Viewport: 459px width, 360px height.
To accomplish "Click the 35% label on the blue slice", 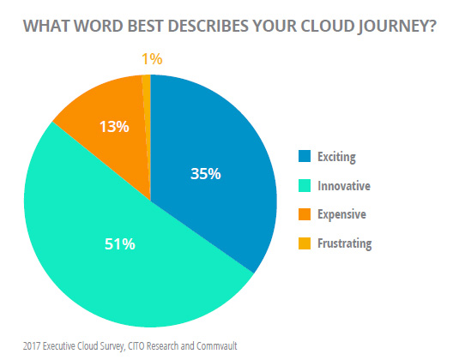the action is tap(206, 174).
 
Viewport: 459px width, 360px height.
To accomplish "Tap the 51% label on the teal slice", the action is tap(120, 244).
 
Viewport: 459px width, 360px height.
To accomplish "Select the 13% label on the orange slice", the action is tap(114, 127).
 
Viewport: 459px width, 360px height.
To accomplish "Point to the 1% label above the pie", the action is tap(152, 59).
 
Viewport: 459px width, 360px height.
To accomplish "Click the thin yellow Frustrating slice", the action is tap(147, 117).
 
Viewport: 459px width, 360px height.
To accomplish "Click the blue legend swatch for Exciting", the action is tap(305, 156).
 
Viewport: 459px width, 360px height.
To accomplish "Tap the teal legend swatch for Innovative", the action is tap(305, 186).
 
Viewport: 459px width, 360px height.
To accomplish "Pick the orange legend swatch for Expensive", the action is tap(305, 214).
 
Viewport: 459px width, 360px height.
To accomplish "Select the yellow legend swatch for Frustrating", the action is tap(305, 243).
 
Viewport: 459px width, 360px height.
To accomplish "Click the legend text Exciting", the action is tap(337, 157).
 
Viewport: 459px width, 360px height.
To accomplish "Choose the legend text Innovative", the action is tap(344, 186).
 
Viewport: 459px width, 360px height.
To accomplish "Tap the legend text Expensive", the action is tap(342, 214).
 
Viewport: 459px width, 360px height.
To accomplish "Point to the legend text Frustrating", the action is tap(345, 244).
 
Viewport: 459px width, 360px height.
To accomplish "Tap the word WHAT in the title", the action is tap(46, 26).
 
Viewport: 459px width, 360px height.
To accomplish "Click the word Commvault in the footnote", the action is tap(216, 346).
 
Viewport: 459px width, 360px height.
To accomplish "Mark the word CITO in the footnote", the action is tap(136, 346).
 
